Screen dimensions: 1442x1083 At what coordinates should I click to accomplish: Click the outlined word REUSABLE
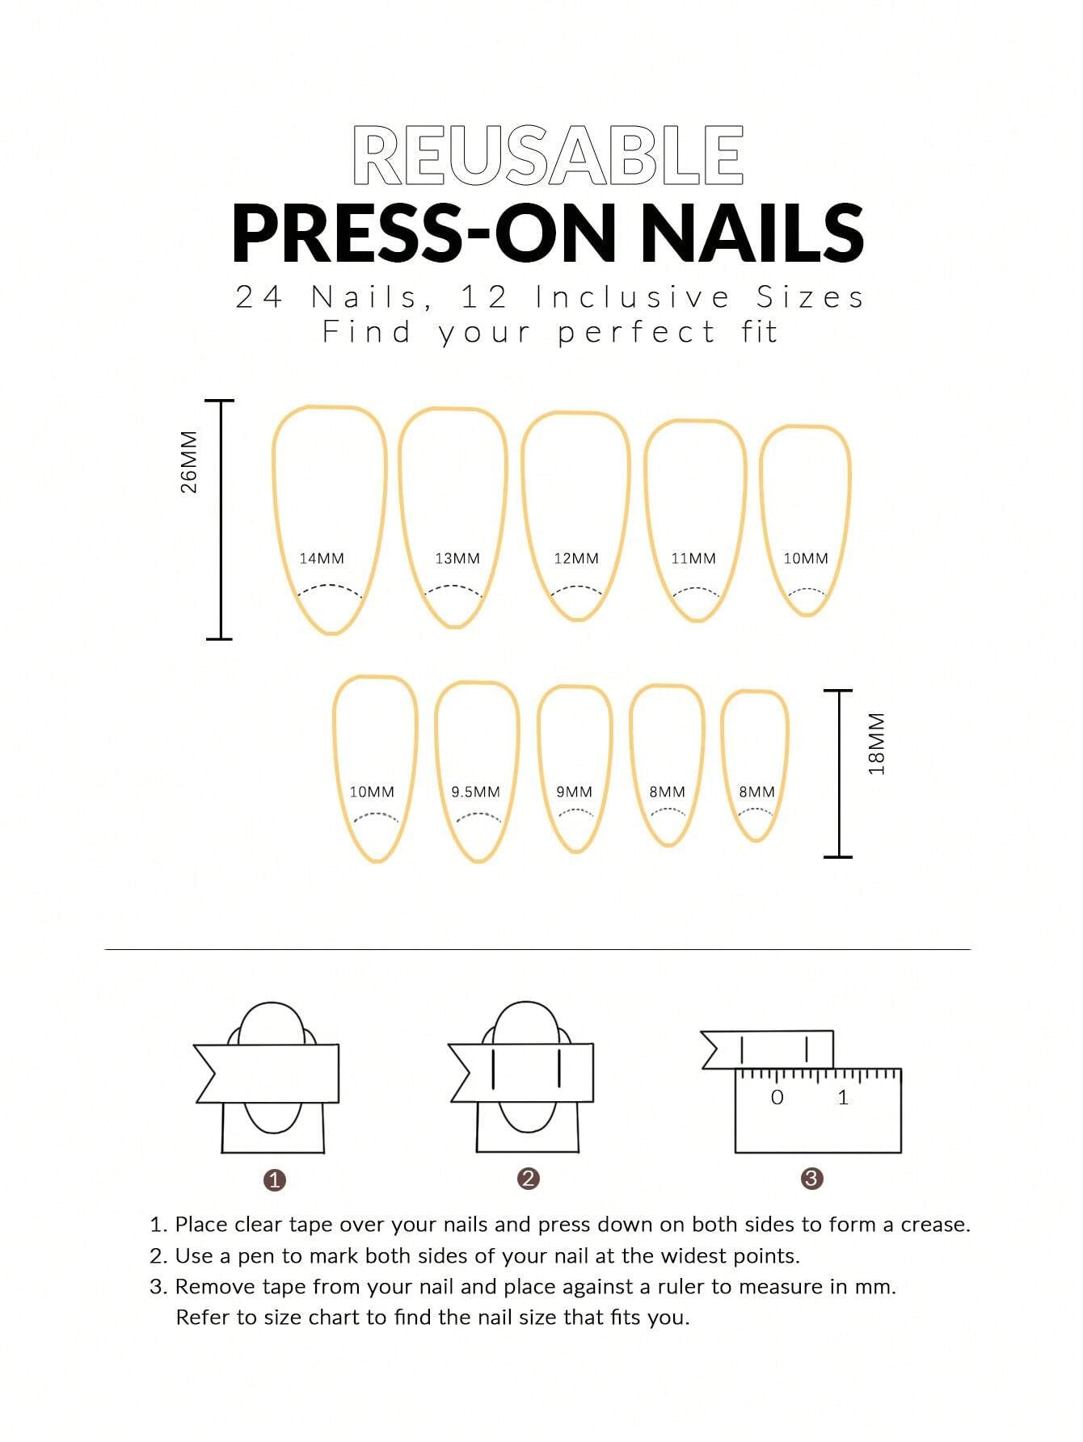pos(548,155)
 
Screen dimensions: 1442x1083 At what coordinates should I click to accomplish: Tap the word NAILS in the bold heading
pos(752,233)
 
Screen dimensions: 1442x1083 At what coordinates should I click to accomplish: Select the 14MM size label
pos(322,558)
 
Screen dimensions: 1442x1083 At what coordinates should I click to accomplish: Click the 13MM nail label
pos(457,558)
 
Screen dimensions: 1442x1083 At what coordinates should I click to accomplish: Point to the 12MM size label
pos(576,558)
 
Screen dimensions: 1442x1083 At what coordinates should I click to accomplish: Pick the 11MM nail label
pos(693,558)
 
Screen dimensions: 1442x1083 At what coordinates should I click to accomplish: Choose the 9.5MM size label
pos(475,792)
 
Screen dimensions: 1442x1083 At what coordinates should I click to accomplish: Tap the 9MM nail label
pos(574,792)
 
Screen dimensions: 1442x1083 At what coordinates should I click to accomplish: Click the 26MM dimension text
pos(188,462)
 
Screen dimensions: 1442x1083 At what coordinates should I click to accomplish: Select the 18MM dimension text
pos(877,743)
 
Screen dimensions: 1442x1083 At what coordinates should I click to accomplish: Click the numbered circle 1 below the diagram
pos(275,1180)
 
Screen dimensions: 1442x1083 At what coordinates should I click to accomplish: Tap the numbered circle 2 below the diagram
pos(528,1179)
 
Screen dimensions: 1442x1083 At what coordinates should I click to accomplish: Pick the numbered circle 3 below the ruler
pos(811,1179)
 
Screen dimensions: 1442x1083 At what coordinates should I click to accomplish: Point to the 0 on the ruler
pos(777,1097)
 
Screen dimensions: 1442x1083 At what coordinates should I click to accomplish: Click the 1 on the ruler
pos(843,1097)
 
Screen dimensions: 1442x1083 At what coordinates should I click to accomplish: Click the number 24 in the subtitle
pos(259,297)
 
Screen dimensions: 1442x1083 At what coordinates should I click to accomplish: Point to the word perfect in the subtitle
pos(636,332)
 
